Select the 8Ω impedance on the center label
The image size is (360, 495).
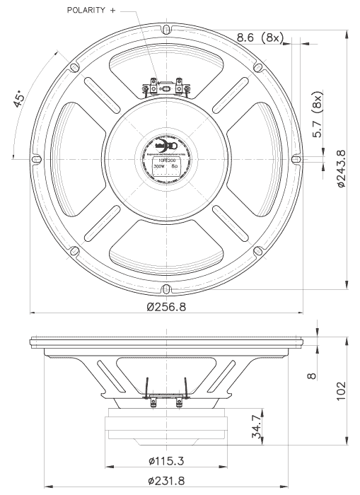click(175, 168)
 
